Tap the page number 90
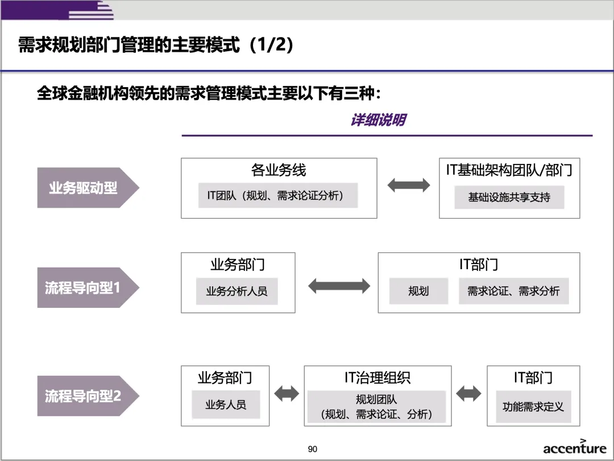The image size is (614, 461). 313,449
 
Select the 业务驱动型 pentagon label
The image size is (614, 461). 85,188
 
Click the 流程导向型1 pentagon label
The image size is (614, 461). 85,288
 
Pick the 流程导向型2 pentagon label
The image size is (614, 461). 85,396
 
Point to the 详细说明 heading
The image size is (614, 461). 378,120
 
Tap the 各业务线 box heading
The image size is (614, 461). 279,170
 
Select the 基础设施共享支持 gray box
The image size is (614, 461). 509,197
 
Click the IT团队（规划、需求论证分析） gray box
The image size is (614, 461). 277,196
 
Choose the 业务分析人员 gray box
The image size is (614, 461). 237,291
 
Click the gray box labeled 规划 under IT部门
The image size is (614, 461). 418,291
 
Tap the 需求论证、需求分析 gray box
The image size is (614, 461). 513,291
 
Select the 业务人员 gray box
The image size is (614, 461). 226,405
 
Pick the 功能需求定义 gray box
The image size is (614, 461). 533,406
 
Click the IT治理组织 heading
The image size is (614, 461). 377,378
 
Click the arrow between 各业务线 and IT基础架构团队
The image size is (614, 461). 408,184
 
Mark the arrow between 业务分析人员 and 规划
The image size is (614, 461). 339,286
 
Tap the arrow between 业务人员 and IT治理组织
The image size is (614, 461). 287,393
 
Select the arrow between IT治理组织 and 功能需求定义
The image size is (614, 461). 468,393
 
